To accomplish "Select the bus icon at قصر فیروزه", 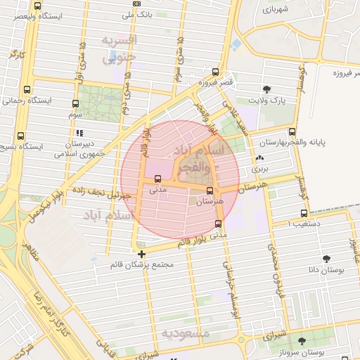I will click(216, 71).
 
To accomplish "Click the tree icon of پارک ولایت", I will click(266, 89).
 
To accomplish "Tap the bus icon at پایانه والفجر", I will click(292, 131).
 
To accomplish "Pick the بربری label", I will click(260, 169).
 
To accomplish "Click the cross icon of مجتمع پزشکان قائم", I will click(142, 254).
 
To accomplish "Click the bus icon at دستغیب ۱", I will click(304, 213).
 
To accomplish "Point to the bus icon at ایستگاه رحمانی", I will click(27, 90).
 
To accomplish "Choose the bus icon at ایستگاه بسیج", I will click(20, 136).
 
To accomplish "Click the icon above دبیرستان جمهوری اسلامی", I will click(79, 132).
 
